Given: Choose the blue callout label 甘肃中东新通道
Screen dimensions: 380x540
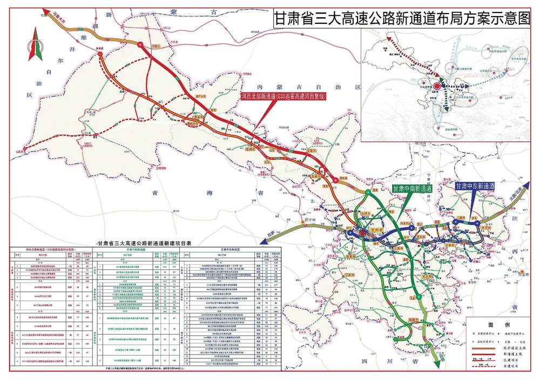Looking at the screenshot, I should [475, 185].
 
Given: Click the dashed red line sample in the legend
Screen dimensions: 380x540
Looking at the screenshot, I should [468, 365].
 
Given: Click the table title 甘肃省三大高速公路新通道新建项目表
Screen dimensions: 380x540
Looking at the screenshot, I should [143, 243].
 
